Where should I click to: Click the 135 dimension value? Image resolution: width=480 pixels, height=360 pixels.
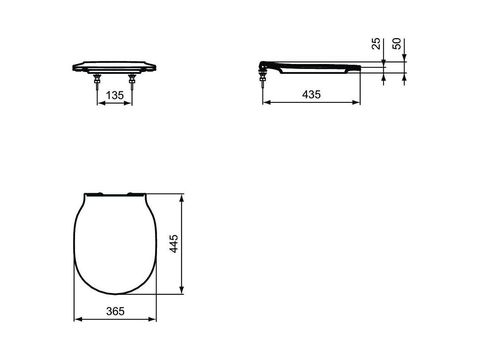pyautogui.click(x=115, y=95)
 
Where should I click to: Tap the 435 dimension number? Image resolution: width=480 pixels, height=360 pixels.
pyautogui.click(x=311, y=94)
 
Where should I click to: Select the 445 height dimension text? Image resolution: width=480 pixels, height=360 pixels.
pyautogui.click(x=174, y=244)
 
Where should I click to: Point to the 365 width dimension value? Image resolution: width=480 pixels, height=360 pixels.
pyautogui.click(x=115, y=311)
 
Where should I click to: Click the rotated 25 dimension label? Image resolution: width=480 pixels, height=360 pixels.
pyautogui.click(x=376, y=44)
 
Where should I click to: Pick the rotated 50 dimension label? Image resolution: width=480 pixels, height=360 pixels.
pyautogui.click(x=397, y=44)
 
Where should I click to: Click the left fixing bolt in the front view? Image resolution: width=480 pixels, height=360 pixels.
pyautogui.click(x=97, y=82)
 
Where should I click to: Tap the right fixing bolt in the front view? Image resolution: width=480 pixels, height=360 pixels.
pyautogui.click(x=132, y=82)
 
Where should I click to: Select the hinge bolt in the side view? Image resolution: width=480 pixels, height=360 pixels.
pyautogui.click(x=262, y=78)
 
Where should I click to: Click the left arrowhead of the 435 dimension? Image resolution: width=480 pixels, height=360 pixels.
pyautogui.click(x=267, y=102)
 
